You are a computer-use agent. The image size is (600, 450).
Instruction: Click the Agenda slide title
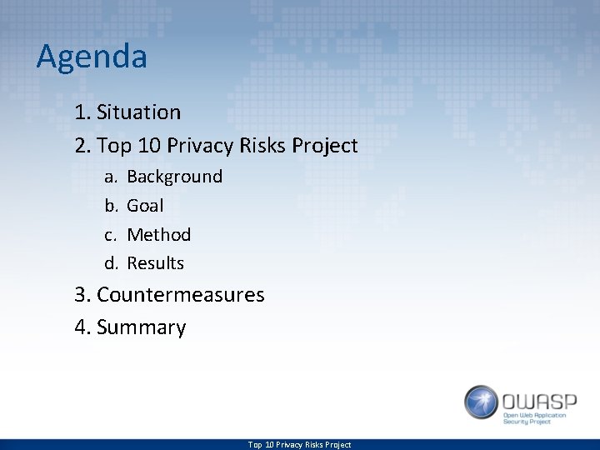pyautogui.click(x=92, y=57)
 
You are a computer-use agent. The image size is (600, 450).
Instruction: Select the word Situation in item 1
pyautogui.click(x=138, y=112)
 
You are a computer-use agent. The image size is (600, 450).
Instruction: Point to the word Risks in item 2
pyautogui.click(x=263, y=146)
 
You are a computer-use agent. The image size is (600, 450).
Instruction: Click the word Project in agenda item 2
pyautogui.click(x=326, y=146)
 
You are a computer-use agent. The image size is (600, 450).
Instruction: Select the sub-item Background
pyautogui.click(x=174, y=177)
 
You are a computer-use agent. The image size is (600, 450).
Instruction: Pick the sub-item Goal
pyautogui.click(x=145, y=206)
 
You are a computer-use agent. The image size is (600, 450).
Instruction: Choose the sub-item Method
pyautogui.click(x=158, y=235)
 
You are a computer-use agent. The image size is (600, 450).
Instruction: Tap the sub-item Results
pyautogui.click(x=155, y=263)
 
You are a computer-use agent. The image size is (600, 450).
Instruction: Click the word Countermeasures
pyautogui.click(x=181, y=295)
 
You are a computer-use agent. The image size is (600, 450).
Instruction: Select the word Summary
pyautogui.click(x=141, y=327)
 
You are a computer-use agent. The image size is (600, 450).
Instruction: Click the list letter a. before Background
pyautogui.click(x=110, y=177)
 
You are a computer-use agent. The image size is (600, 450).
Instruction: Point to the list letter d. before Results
pyautogui.click(x=110, y=263)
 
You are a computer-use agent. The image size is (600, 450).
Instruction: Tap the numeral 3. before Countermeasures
pyautogui.click(x=82, y=295)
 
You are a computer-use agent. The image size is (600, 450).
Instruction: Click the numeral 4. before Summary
pyautogui.click(x=82, y=327)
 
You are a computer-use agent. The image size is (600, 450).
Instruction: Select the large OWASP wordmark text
pyautogui.click(x=537, y=397)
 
